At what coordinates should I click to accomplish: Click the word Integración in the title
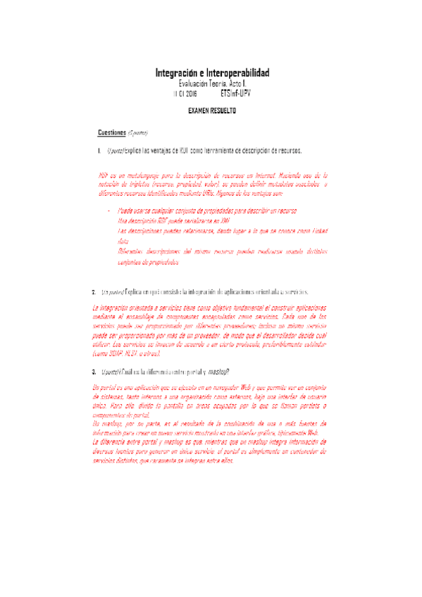tap(176, 73)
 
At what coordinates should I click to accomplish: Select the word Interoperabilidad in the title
tap(236, 73)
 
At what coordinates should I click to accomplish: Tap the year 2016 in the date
tap(190, 93)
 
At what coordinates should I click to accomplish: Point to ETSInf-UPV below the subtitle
tap(235, 93)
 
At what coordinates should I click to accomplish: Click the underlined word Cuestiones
tap(112, 132)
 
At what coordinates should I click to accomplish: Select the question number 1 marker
tap(99, 151)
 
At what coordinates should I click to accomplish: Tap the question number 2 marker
tap(94, 291)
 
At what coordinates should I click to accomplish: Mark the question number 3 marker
tap(94, 371)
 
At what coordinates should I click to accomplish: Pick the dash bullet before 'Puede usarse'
tap(108, 211)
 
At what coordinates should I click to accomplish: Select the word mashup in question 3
tap(220, 371)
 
